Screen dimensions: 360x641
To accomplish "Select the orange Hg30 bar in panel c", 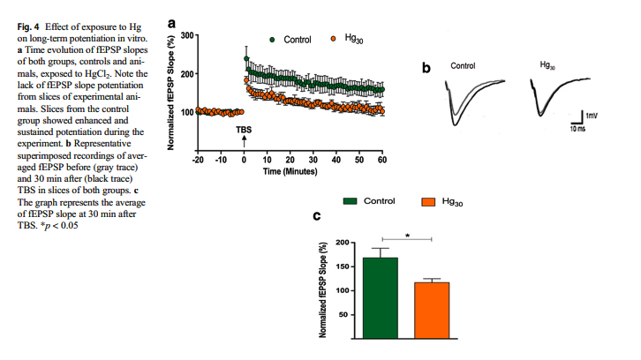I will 431,310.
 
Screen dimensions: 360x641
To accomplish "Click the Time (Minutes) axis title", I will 290,172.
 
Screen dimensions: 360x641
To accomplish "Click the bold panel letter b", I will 426,69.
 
